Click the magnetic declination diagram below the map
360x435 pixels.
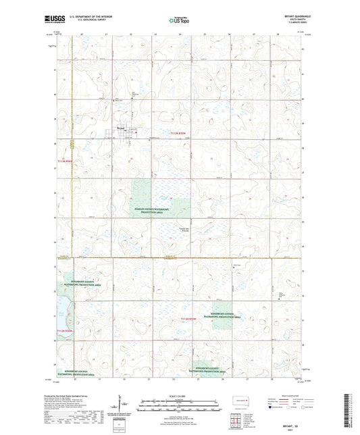tap(120, 405)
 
